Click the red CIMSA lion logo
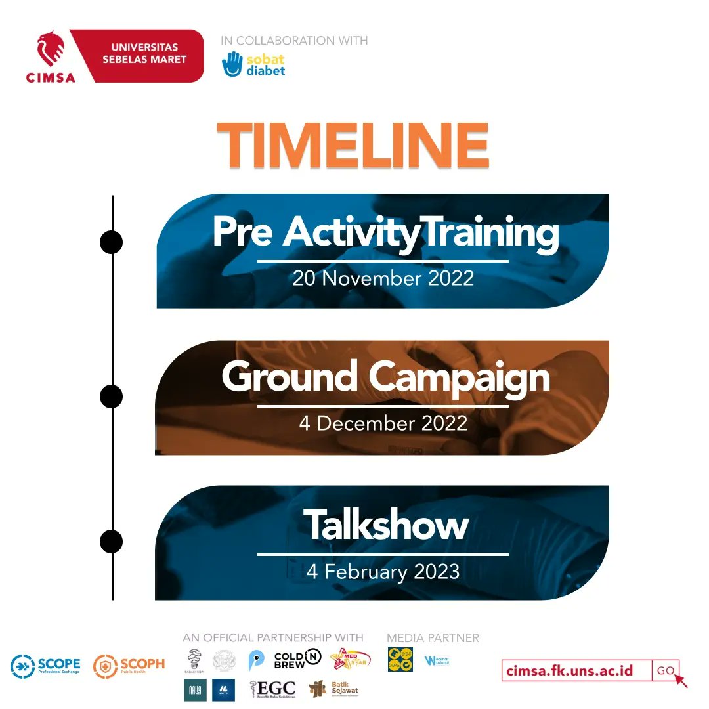(x=51, y=51)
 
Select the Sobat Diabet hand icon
(x=232, y=64)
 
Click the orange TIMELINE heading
(x=353, y=146)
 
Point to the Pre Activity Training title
(x=385, y=232)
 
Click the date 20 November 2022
(x=383, y=278)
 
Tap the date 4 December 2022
(x=383, y=423)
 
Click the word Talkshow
(x=385, y=525)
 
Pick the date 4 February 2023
(x=383, y=571)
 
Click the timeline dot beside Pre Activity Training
(x=112, y=242)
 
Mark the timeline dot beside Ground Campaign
(x=112, y=397)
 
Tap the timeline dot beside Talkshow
(x=112, y=542)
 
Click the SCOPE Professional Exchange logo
(x=45, y=666)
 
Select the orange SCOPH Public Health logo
(x=129, y=666)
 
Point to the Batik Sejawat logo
(x=335, y=689)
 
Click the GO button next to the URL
(x=666, y=670)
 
